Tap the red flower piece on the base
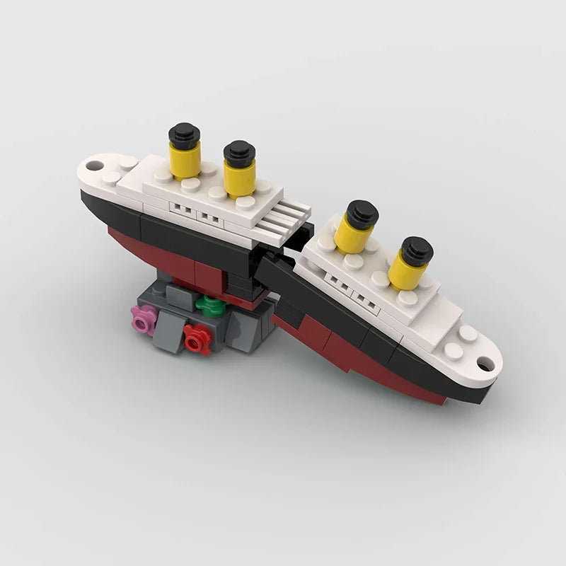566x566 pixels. pyautogui.click(x=197, y=340)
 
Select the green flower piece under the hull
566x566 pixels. pyautogui.click(x=208, y=306)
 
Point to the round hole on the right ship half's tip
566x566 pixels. pyautogui.click(x=485, y=364)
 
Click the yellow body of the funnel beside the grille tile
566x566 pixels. pyautogui.click(x=240, y=178)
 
